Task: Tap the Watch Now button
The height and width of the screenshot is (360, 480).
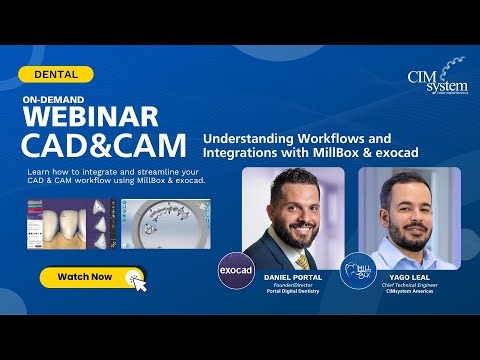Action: [x=85, y=276]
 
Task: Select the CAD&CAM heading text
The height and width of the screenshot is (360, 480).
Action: [x=104, y=146]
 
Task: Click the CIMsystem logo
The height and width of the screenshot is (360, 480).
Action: [x=431, y=81]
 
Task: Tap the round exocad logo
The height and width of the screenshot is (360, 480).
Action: [x=236, y=270]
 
